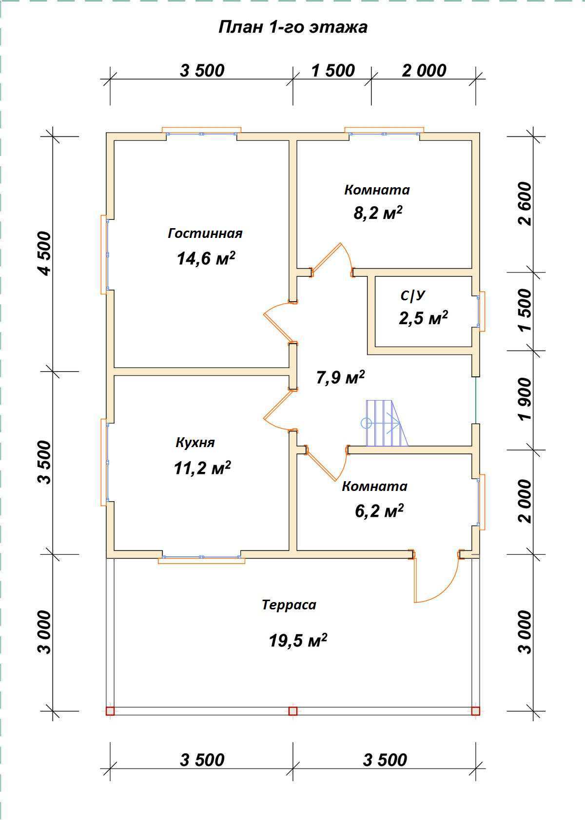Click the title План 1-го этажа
(293, 27)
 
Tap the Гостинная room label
(205, 233)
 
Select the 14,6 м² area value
(206, 258)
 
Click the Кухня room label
(195, 442)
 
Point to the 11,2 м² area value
(202, 468)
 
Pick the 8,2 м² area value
(378, 213)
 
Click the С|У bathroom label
(412, 296)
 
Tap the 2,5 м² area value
(423, 318)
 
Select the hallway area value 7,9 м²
(340, 377)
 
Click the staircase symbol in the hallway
(384, 423)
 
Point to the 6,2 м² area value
(379, 510)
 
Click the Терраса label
(289, 605)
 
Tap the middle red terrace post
(292, 711)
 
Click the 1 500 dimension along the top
(333, 71)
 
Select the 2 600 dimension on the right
(525, 203)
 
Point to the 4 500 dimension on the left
(45, 253)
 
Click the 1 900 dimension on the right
(525, 399)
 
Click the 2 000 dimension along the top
(424, 71)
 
